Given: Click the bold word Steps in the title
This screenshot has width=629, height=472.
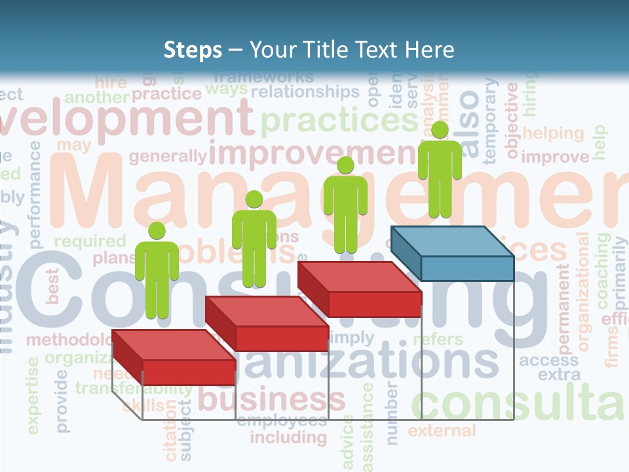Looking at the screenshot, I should pos(193,50).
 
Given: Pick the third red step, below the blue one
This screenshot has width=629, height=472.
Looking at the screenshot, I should pos(359,289).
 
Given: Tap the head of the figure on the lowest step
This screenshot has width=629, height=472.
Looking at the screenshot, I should pos(157,231).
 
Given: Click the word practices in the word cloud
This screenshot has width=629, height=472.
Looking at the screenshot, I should pos(339,121).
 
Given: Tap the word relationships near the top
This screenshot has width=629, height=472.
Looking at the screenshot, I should pos(305,92).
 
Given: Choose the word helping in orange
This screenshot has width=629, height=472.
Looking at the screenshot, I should pos(552,134).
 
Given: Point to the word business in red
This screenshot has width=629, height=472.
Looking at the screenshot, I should pos(271,399).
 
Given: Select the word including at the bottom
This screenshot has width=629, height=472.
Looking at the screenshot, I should pos(288,437).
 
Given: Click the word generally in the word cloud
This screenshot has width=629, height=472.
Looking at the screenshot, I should pos(168,157).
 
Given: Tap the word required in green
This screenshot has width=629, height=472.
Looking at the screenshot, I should pos(90,241).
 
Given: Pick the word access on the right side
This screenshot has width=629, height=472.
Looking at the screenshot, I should pos(549,360).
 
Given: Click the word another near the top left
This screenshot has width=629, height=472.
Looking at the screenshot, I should pos(97,98).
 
